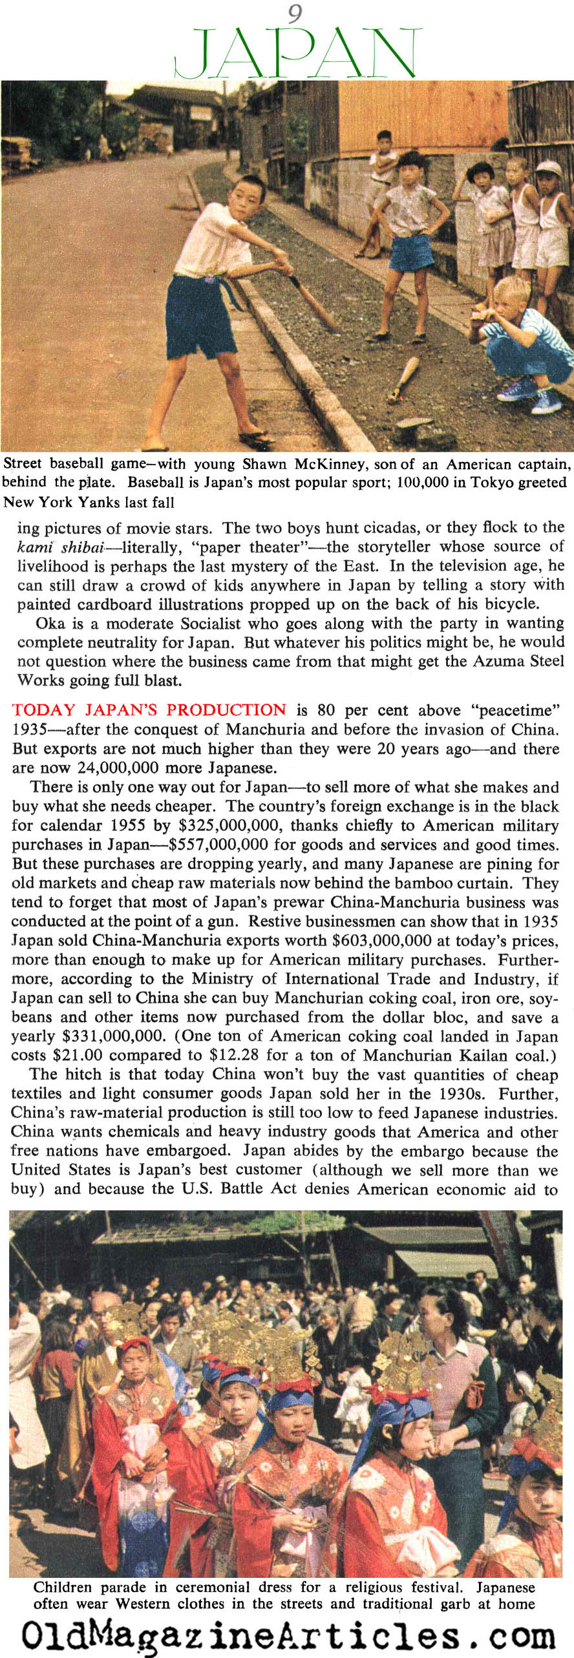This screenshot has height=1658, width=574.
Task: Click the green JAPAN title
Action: [x=297, y=53]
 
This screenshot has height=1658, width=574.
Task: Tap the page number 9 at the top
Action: [x=295, y=13]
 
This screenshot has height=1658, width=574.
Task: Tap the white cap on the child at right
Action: [x=549, y=169]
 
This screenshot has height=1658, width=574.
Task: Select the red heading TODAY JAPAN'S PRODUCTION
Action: [x=149, y=709]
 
